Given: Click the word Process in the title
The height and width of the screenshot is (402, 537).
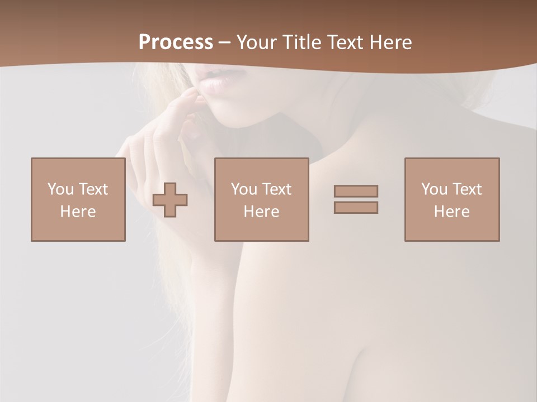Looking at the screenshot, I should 176,42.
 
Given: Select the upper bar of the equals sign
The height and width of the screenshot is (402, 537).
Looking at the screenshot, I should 356,191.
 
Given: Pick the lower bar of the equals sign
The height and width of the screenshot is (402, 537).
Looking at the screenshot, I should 356,207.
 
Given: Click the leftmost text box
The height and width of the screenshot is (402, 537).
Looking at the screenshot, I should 78,199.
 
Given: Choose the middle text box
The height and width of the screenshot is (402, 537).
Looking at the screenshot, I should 261,199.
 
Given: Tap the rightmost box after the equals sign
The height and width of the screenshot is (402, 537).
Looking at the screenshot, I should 451,199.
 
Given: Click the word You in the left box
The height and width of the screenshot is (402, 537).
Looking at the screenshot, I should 60,189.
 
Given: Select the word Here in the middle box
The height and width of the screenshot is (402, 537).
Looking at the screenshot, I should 261,212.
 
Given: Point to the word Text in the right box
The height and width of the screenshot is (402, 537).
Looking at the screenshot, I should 466,189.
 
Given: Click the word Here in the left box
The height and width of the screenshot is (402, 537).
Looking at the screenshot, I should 78,212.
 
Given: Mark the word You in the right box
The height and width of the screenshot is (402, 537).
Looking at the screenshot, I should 434,189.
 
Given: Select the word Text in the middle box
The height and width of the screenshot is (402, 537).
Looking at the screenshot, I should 276,189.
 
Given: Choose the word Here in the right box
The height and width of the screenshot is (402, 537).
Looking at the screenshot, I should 451,212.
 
